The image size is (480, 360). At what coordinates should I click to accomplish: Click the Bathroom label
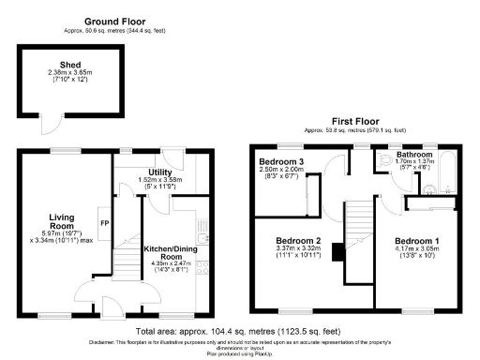(413, 153)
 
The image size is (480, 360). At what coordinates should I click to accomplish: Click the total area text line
(238, 332)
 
